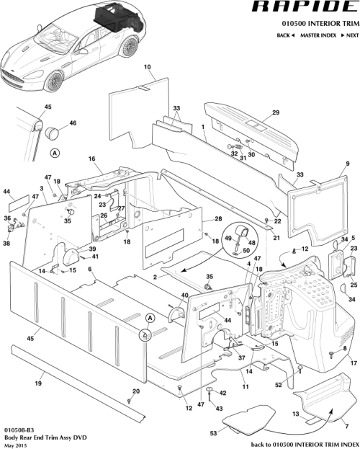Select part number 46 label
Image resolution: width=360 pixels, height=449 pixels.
tap(72, 124)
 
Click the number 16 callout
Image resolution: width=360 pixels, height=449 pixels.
tap(91, 158)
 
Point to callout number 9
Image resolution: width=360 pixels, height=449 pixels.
tap(348, 164)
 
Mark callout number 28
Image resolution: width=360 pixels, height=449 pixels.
tap(218, 219)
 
